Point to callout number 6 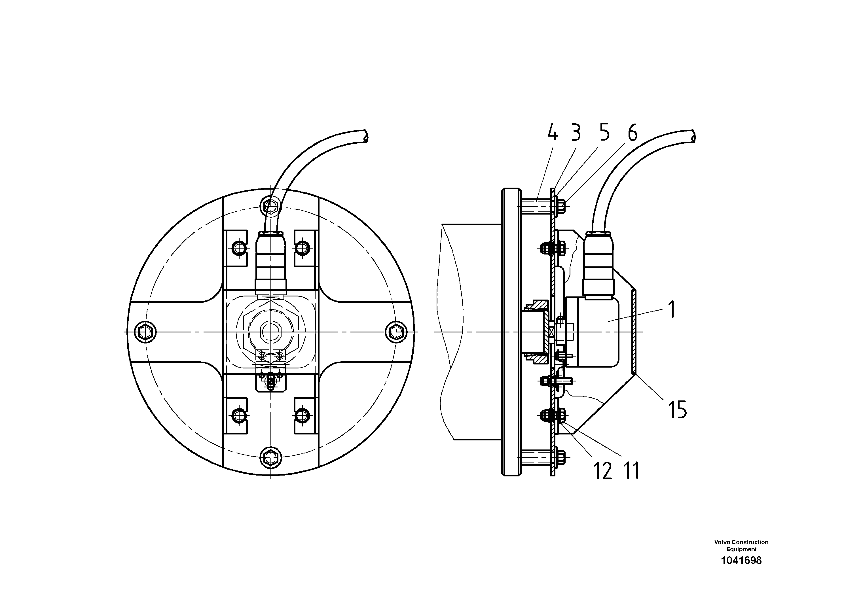pyautogui.click(x=632, y=133)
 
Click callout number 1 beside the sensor pyautogui.click(x=671, y=309)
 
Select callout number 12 pyautogui.click(x=603, y=471)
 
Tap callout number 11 pyautogui.click(x=631, y=471)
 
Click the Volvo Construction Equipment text pyautogui.click(x=741, y=546)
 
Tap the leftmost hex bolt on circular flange pyautogui.click(x=145, y=332)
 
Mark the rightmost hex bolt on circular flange pyautogui.click(x=396, y=332)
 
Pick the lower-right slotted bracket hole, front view pyautogui.click(x=302, y=415)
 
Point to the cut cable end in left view pyautogui.click(x=364, y=136)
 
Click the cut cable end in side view pyautogui.click(x=693, y=136)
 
